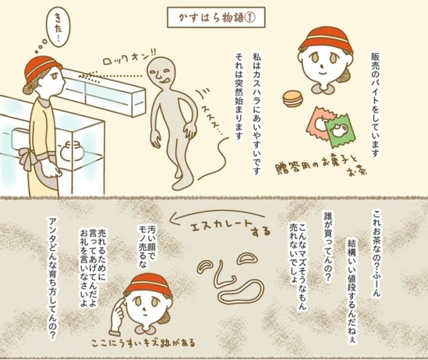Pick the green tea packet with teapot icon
click(x=343, y=127)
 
